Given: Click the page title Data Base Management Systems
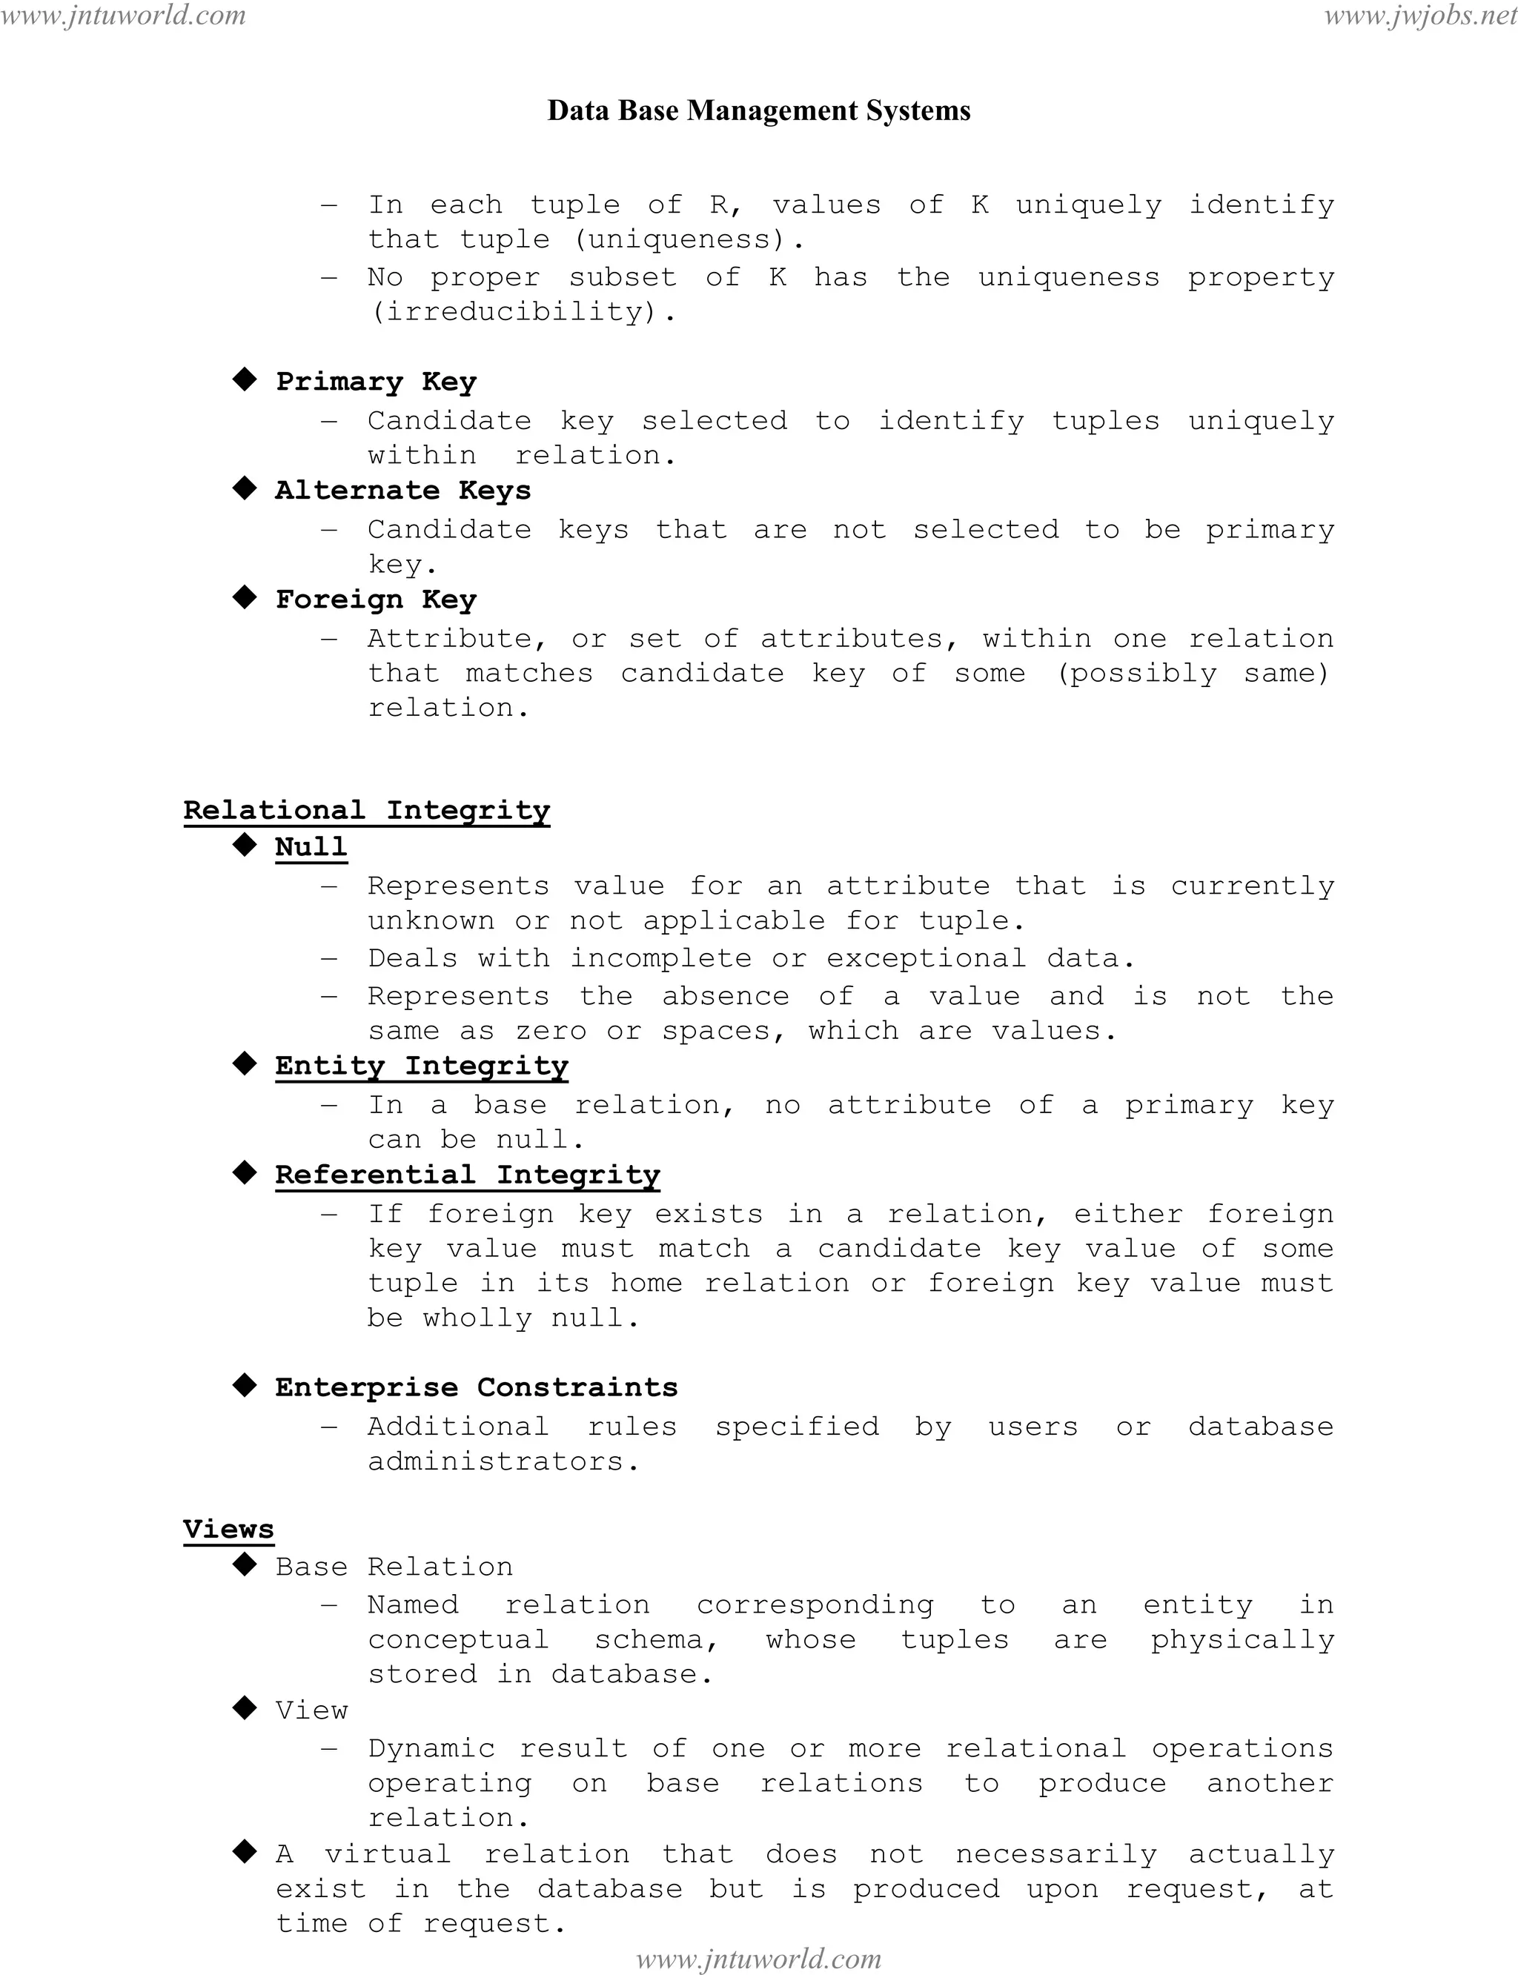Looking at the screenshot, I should click(758, 110).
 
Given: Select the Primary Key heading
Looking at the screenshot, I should click(376, 381).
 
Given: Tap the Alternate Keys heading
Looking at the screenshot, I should click(403, 491).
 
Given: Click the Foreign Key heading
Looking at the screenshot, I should click(376, 600).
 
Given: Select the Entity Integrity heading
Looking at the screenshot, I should click(421, 1066).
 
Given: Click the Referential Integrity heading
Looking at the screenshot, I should click(467, 1175).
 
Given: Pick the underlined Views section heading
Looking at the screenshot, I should click(228, 1530).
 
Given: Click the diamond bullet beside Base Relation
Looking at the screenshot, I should click(244, 1566).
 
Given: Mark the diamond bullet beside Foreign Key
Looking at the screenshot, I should click(244, 598).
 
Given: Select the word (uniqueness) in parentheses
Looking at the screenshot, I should click(680, 239).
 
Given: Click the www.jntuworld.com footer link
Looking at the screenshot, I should click(758, 1959).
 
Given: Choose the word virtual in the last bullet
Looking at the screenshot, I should click(388, 1854).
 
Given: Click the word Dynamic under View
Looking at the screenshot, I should click(431, 1748).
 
